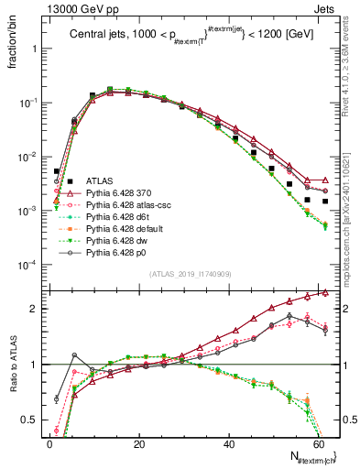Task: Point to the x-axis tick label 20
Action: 138,443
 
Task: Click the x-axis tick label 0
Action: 49,443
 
